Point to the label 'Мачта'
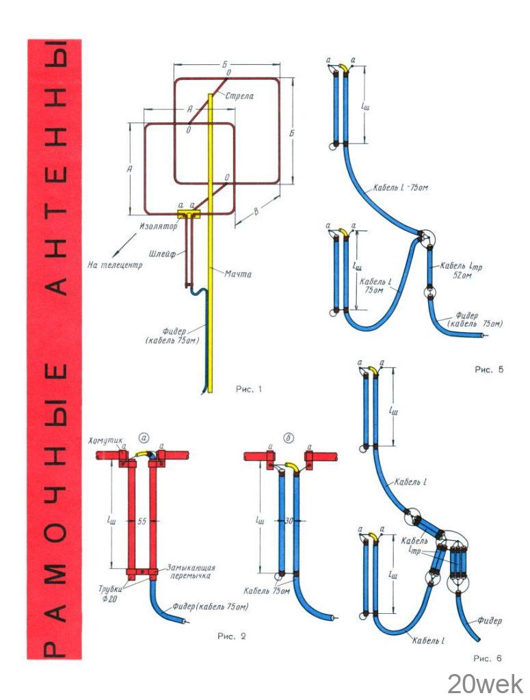tap(239, 274)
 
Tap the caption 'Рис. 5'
tap(489, 370)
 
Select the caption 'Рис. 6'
tap(488, 659)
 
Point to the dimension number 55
tap(142, 522)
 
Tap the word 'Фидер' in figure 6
tap(490, 621)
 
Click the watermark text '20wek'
tap(486, 684)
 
